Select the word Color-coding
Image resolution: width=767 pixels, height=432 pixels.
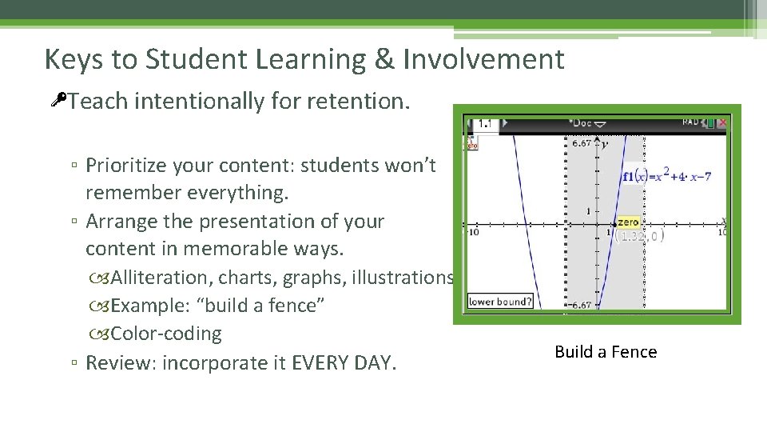point(166,334)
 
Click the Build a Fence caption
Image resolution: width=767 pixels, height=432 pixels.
point(606,352)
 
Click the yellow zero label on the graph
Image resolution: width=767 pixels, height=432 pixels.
point(628,222)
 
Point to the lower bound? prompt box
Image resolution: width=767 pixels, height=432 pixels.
point(500,302)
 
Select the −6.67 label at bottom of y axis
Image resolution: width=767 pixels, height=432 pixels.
point(580,305)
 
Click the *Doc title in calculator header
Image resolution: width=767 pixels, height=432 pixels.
point(586,123)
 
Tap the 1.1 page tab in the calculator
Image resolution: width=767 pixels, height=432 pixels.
point(485,124)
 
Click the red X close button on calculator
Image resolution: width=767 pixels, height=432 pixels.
point(721,123)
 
